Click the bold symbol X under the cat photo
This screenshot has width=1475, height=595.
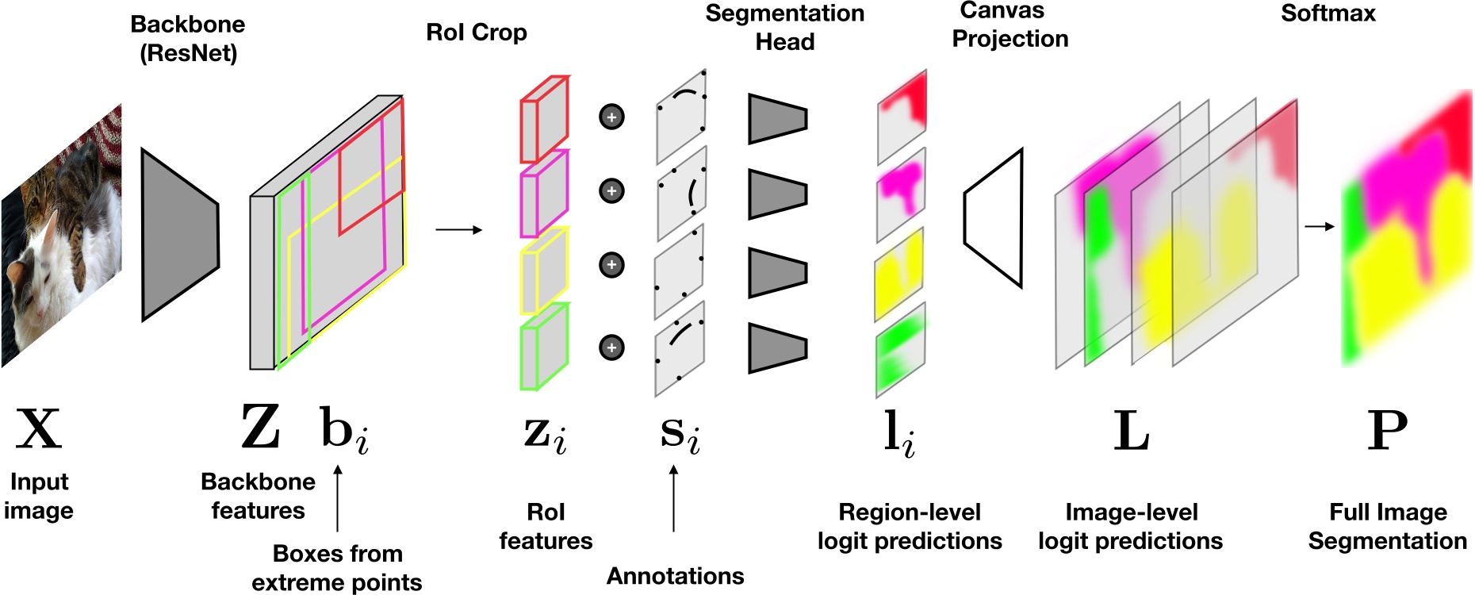click(x=39, y=429)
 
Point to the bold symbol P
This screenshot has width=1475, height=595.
click(x=1388, y=430)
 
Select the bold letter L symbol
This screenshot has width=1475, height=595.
click(x=1132, y=431)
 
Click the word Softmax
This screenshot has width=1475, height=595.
click(x=1328, y=13)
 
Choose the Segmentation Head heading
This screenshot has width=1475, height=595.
click(x=785, y=27)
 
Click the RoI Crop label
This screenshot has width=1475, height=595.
click(x=477, y=33)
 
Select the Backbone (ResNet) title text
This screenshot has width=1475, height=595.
click(x=188, y=39)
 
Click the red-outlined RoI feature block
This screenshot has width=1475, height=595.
click(x=544, y=119)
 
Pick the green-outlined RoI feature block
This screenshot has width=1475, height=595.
click(x=544, y=347)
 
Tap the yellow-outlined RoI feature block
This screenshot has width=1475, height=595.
click(x=544, y=271)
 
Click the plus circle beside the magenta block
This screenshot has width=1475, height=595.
click(x=611, y=191)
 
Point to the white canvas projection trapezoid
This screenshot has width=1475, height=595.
click(x=993, y=218)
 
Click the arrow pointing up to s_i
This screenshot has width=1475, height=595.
click(x=674, y=498)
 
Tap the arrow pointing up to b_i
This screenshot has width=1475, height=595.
click(x=338, y=498)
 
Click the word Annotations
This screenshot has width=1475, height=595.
click(x=676, y=576)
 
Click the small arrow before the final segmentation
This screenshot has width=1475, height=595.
click(x=1320, y=227)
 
